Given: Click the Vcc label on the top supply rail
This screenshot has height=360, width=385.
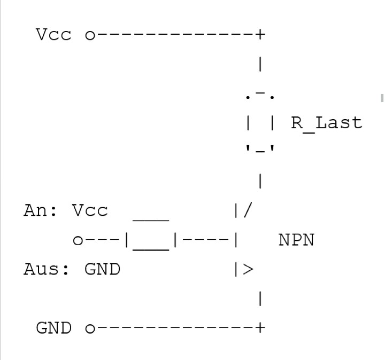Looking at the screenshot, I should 53,35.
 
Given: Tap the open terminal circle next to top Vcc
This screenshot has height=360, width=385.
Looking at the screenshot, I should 90,36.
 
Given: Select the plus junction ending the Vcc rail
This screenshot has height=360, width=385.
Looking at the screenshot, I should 260,35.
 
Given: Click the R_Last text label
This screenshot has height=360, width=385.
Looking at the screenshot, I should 326,123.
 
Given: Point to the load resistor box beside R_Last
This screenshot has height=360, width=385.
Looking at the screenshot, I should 260,123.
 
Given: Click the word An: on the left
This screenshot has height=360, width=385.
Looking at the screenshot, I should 41,210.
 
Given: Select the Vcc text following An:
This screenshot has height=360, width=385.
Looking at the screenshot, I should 90,210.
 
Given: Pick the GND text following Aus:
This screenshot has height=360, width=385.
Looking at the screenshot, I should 102,269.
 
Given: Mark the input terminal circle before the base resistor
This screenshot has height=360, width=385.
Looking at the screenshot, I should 78,241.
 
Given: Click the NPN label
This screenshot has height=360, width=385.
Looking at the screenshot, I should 296,240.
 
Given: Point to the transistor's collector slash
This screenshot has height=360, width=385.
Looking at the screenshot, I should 247,210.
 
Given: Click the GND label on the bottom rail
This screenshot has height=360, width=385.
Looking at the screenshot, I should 53,328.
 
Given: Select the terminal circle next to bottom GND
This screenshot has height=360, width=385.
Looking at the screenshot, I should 90,328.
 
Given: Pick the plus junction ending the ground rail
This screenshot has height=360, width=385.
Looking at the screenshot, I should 260,327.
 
